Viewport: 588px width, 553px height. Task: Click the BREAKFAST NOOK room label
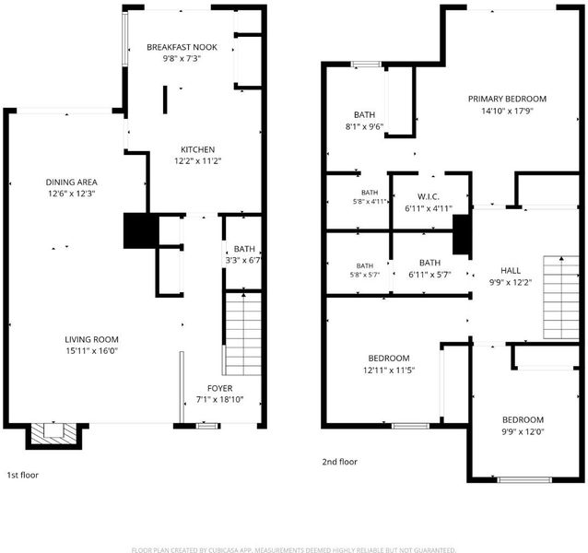182,47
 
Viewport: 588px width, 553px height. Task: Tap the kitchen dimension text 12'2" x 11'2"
197,161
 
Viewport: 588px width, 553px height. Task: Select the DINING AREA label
71,182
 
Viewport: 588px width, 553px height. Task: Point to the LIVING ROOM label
91,340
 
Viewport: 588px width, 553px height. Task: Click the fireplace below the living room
53,436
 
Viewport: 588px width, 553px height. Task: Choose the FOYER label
219,388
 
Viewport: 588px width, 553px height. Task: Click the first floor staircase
243,334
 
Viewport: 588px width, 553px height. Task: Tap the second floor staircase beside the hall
561,298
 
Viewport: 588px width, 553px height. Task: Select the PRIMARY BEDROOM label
507,99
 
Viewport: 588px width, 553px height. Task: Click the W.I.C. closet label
429,197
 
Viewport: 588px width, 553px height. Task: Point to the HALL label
511,271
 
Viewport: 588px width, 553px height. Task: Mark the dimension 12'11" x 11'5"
389,371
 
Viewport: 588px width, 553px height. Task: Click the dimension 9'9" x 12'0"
523,432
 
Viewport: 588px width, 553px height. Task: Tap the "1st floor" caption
23,475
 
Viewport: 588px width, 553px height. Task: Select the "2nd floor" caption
340,462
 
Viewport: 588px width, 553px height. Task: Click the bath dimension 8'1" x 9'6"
364,126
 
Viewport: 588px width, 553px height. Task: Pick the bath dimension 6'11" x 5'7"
429,275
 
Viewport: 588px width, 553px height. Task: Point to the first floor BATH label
244,249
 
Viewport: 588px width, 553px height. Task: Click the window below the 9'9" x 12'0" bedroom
524,479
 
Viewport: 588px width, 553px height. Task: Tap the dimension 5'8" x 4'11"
370,201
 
